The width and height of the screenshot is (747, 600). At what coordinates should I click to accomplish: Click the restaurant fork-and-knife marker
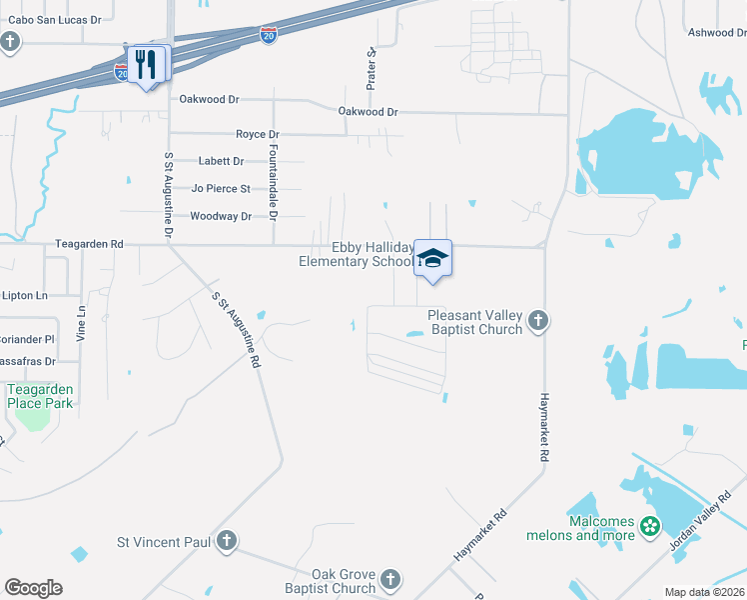pos(148,65)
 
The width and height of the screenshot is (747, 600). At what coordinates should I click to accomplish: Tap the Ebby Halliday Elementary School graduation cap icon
pos(432,258)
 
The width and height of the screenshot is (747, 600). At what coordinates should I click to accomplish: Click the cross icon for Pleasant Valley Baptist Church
pos(538,321)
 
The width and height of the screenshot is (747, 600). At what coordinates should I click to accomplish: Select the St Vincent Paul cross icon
pos(227,541)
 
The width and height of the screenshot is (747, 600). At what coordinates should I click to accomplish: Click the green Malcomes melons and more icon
pos(650,525)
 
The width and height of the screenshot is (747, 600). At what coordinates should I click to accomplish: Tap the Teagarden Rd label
pos(89,243)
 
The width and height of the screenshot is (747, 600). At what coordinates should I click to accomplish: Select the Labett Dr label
pos(221,161)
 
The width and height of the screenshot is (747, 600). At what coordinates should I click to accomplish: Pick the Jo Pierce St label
pos(221,188)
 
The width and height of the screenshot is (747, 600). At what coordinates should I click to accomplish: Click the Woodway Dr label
pos(221,216)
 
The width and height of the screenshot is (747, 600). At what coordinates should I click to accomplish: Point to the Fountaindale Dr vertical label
pos(273,180)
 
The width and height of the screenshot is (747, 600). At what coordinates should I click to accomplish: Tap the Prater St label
pos(371,68)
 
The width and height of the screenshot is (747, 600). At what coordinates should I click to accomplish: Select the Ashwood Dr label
pos(716,33)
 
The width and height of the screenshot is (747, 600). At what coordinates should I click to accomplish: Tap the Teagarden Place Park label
pos(40,396)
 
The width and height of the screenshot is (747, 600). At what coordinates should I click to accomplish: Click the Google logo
pos(33,587)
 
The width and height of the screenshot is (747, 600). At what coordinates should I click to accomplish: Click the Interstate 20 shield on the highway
pos(269,35)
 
